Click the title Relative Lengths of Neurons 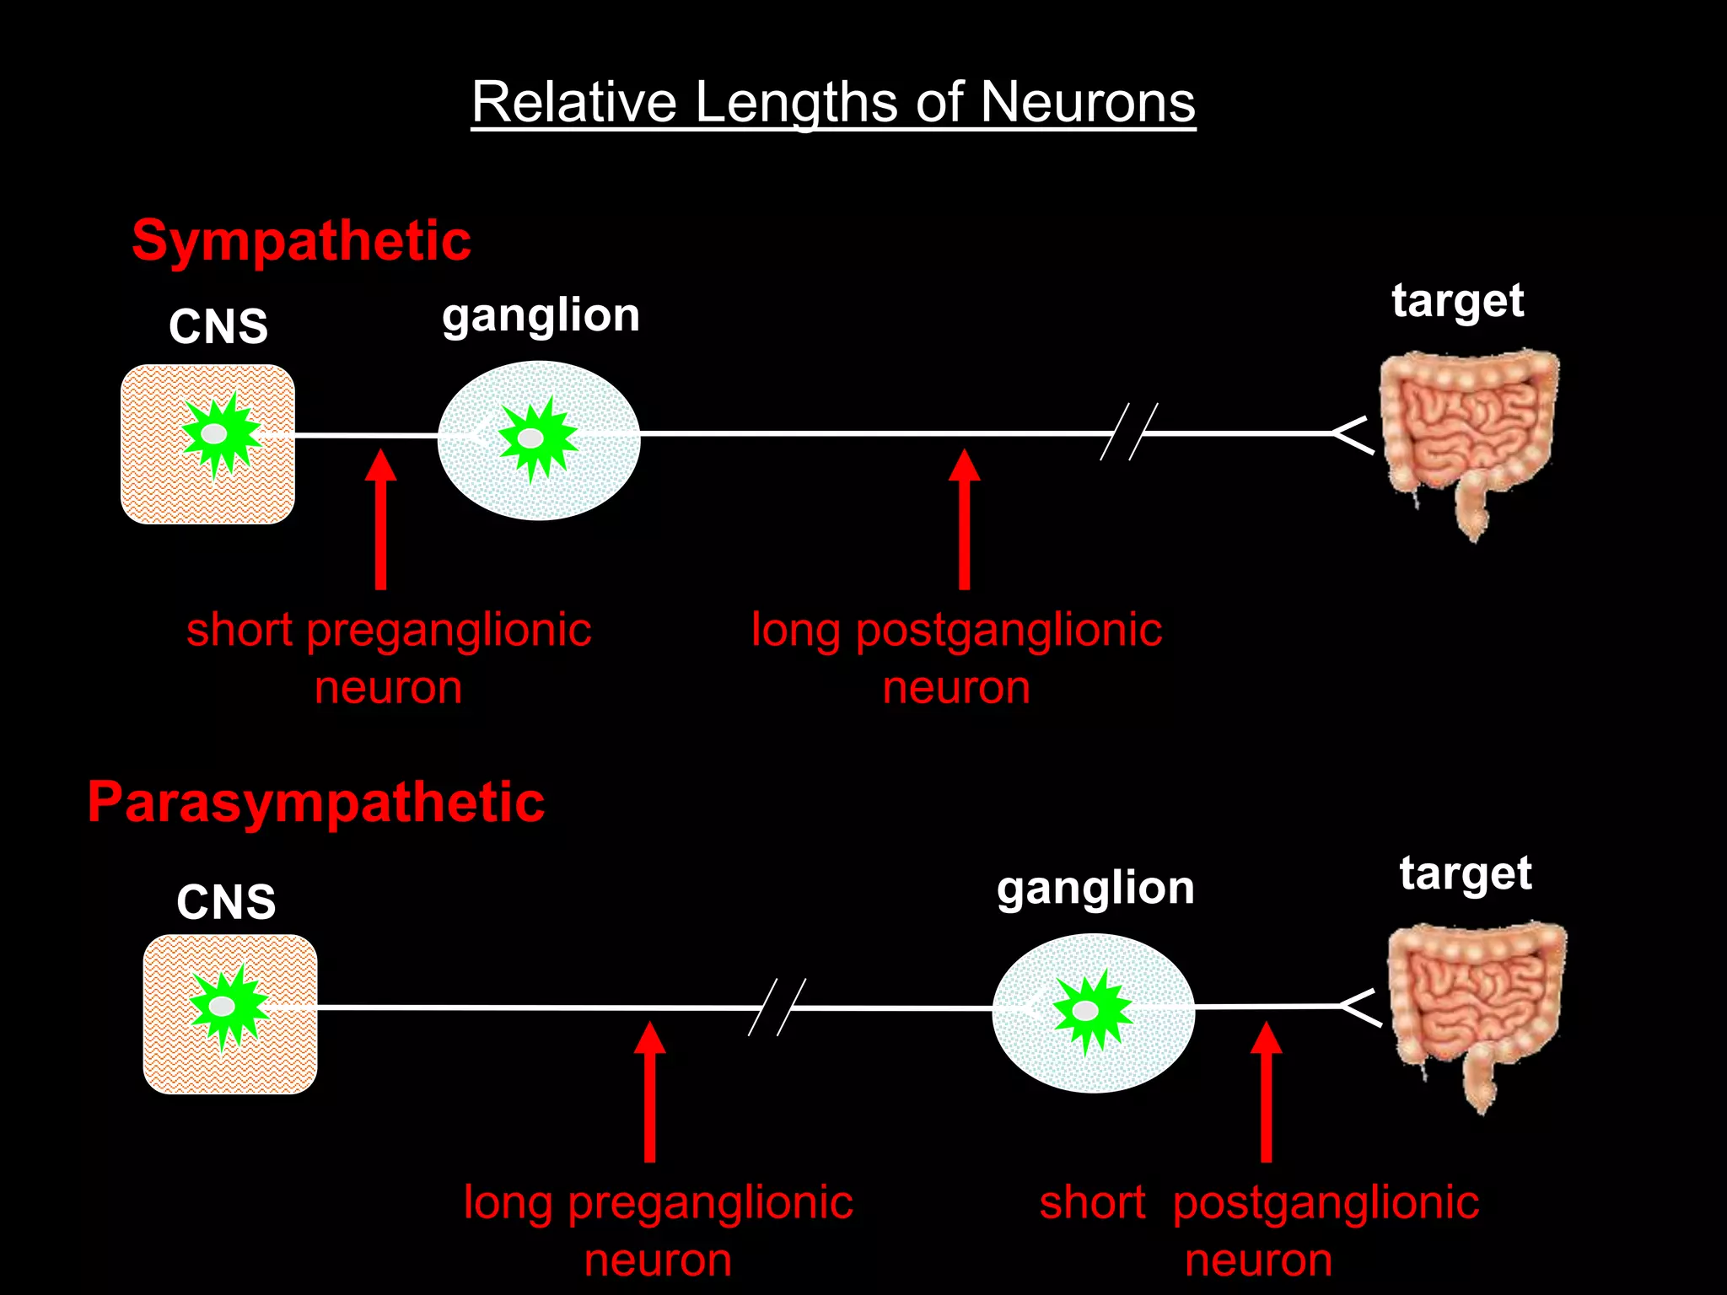pos(833,103)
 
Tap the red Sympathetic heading pos(301,240)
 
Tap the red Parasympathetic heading pos(316,802)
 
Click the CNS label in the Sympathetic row pos(218,326)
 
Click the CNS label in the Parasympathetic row pos(226,902)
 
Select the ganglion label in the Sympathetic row pos(541,316)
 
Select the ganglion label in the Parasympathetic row pos(1095,889)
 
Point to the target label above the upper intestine pos(1457,301)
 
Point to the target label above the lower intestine pos(1466,874)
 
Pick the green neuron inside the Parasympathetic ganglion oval pos(1089,1010)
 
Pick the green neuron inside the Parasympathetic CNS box pos(227,1006)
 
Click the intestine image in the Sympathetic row pos(1469,438)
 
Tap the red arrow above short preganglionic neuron pos(380,519)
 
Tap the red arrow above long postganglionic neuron pos(964,519)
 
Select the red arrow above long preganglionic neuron pos(649,1092)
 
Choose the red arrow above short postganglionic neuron pos(1266,1092)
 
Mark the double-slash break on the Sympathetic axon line pos(1128,432)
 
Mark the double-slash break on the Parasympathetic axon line pos(777,1007)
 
